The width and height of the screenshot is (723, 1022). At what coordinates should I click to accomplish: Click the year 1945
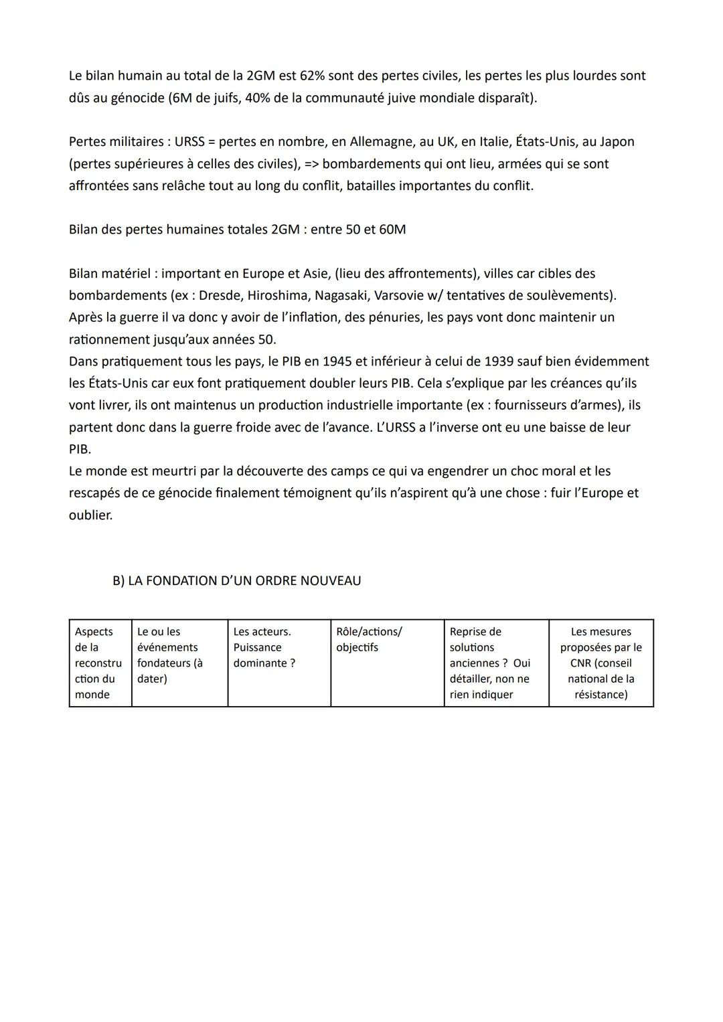[337, 361]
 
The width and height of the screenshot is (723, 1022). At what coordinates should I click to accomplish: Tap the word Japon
[617, 142]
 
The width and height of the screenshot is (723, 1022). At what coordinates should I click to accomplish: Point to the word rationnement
[109, 339]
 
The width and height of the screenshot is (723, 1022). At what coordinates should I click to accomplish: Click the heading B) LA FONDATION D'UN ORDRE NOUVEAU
[236, 581]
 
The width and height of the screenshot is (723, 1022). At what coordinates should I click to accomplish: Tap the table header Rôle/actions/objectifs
[369, 639]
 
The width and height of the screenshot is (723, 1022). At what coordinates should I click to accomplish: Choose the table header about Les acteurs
[262, 647]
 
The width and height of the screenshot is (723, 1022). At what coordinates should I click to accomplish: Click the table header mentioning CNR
[600, 663]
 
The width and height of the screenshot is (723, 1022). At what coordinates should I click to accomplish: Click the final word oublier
[90, 515]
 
